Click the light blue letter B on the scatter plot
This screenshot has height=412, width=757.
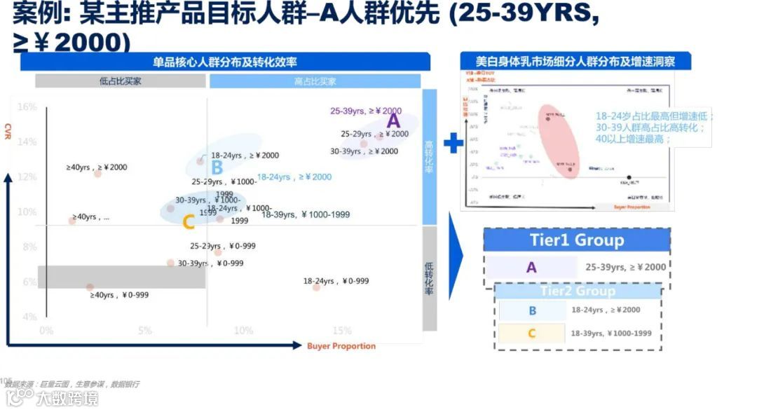(x=217, y=167)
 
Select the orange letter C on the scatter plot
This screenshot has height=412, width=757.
(x=188, y=223)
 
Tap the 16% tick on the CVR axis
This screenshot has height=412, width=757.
(x=27, y=107)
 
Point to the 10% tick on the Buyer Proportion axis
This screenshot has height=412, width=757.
(x=243, y=331)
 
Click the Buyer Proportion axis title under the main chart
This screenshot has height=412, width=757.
(x=341, y=346)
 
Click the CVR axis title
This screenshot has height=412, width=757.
(x=8, y=131)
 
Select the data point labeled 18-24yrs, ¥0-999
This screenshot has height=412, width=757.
(x=316, y=287)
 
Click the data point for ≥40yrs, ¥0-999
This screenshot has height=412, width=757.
(x=90, y=287)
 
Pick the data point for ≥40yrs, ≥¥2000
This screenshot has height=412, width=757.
(x=97, y=173)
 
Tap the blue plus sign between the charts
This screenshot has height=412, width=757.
(x=453, y=143)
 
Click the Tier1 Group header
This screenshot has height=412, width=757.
(x=576, y=240)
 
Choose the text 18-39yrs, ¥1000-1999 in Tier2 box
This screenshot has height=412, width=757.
(x=611, y=334)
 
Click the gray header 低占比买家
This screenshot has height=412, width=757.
(x=121, y=81)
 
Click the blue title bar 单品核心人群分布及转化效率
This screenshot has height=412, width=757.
(x=224, y=62)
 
